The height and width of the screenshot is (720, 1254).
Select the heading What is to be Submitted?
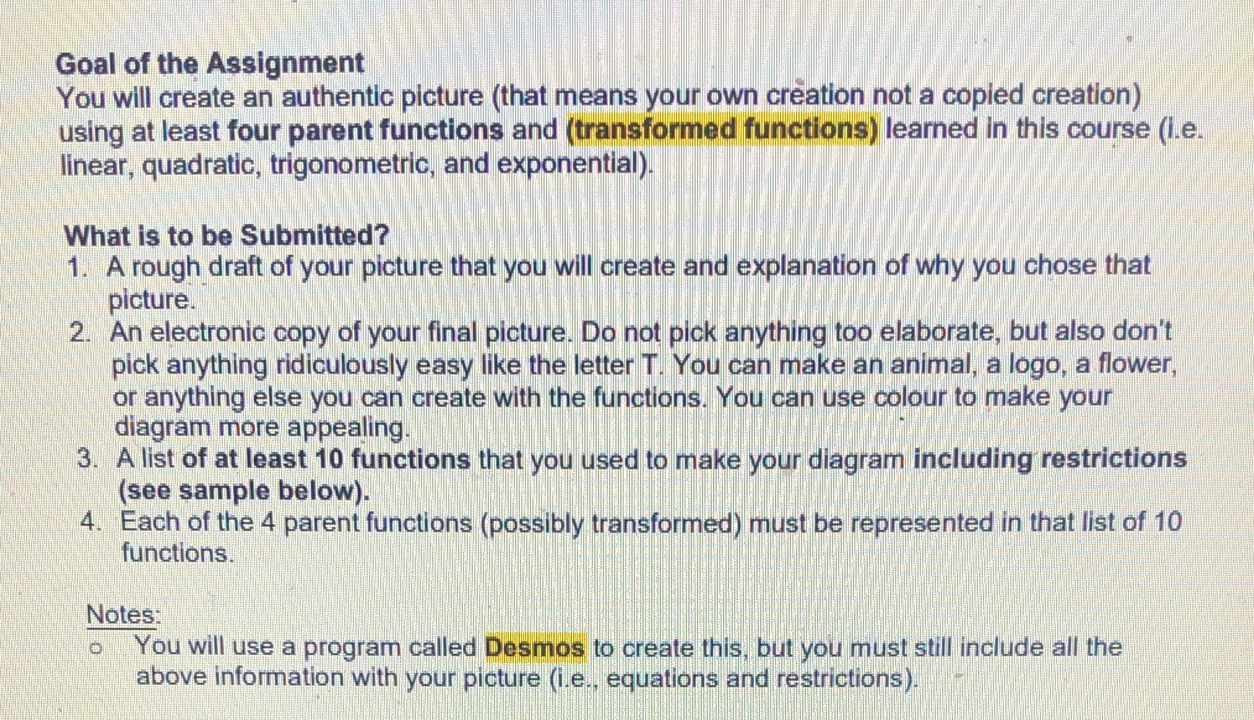pyautogui.click(x=227, y=235)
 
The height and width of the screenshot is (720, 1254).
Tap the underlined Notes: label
pyautogui.click(x=123, y=615)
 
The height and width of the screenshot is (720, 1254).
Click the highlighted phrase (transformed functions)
pyautogui.click(x=722, y=130)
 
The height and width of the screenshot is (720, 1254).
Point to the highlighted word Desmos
pyautogui.click(x=535, y=648)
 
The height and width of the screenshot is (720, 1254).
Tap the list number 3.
pyautogui.click(x=87, y=460)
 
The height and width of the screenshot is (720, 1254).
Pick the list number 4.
pyautogui.click(x=90, y=523)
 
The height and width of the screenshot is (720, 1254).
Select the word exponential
pyautogui.click(x=573, y=164)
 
